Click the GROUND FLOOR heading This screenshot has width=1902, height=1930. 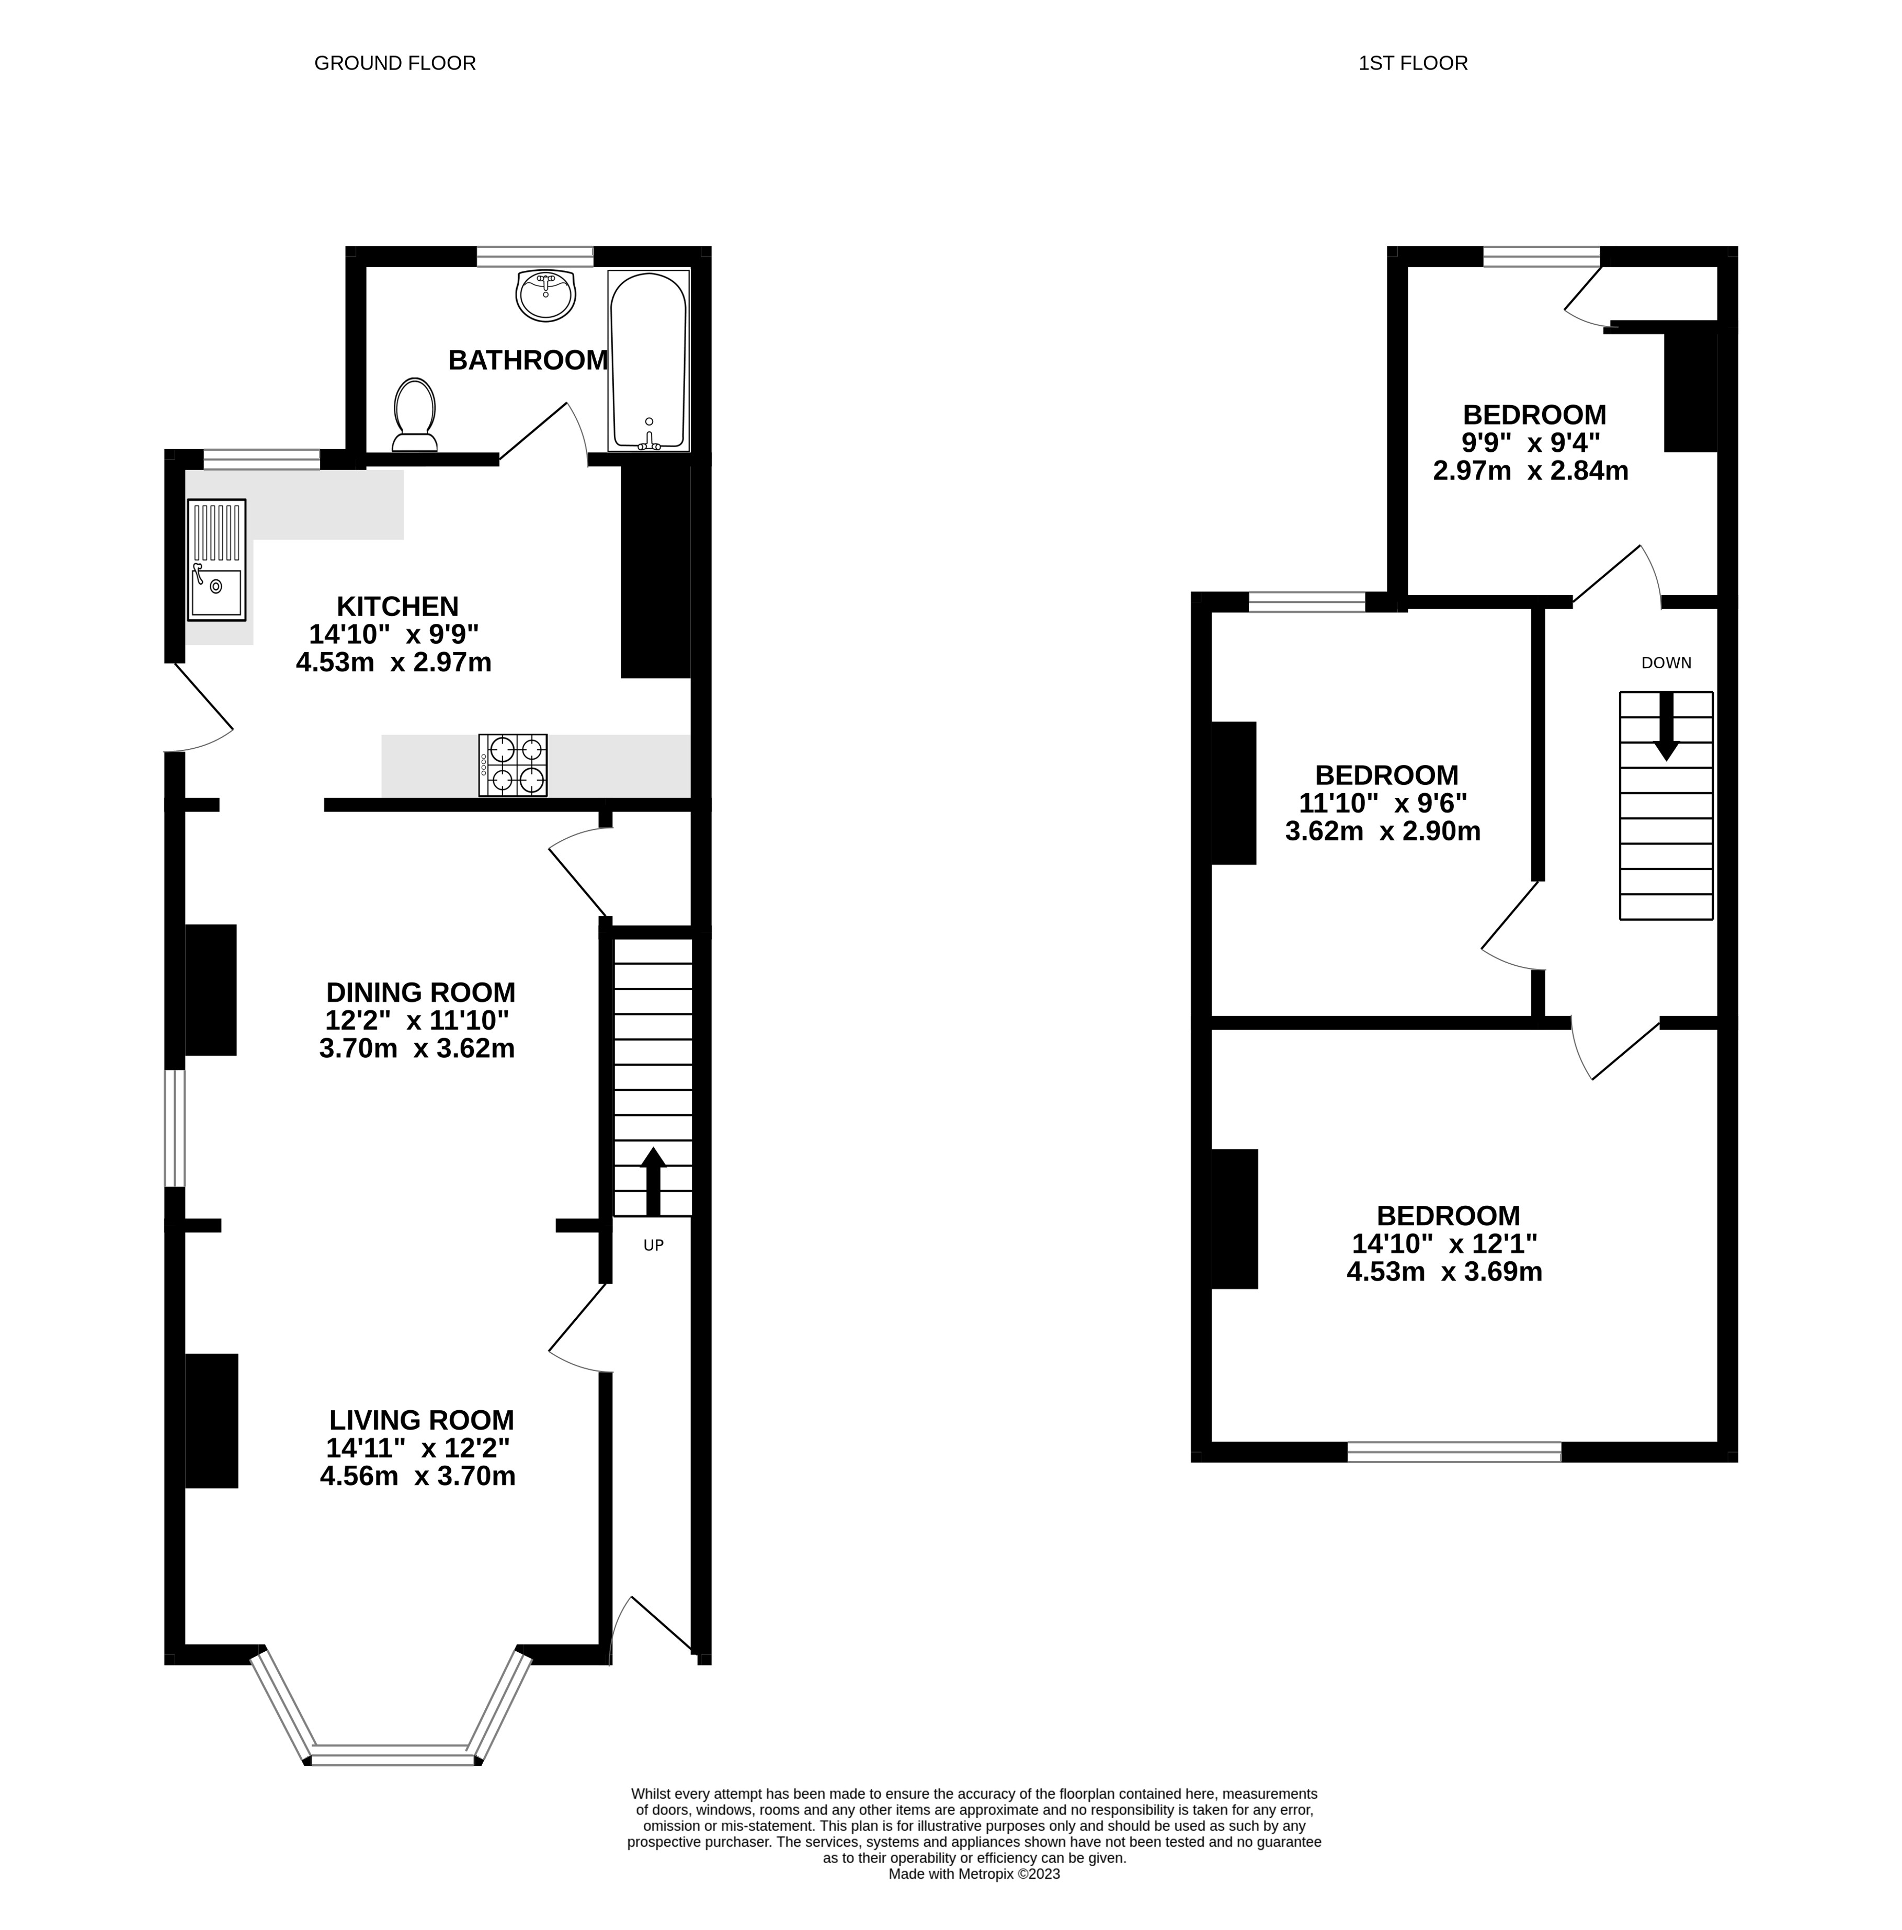395,63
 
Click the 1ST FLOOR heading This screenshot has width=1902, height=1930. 1413,63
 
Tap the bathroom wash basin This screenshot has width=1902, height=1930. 545,295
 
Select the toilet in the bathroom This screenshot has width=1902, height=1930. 415,415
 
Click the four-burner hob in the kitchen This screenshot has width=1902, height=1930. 514,765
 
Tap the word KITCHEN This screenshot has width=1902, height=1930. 397,607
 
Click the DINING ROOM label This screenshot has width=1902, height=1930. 420,993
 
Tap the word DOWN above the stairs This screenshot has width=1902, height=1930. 1666,663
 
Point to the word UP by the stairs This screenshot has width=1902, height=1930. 653,1246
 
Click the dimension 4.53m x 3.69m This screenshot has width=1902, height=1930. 1444,1272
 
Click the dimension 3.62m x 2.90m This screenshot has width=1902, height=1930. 1383,831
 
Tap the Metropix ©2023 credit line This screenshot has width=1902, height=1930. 974,1874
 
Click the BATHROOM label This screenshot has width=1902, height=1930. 528,360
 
